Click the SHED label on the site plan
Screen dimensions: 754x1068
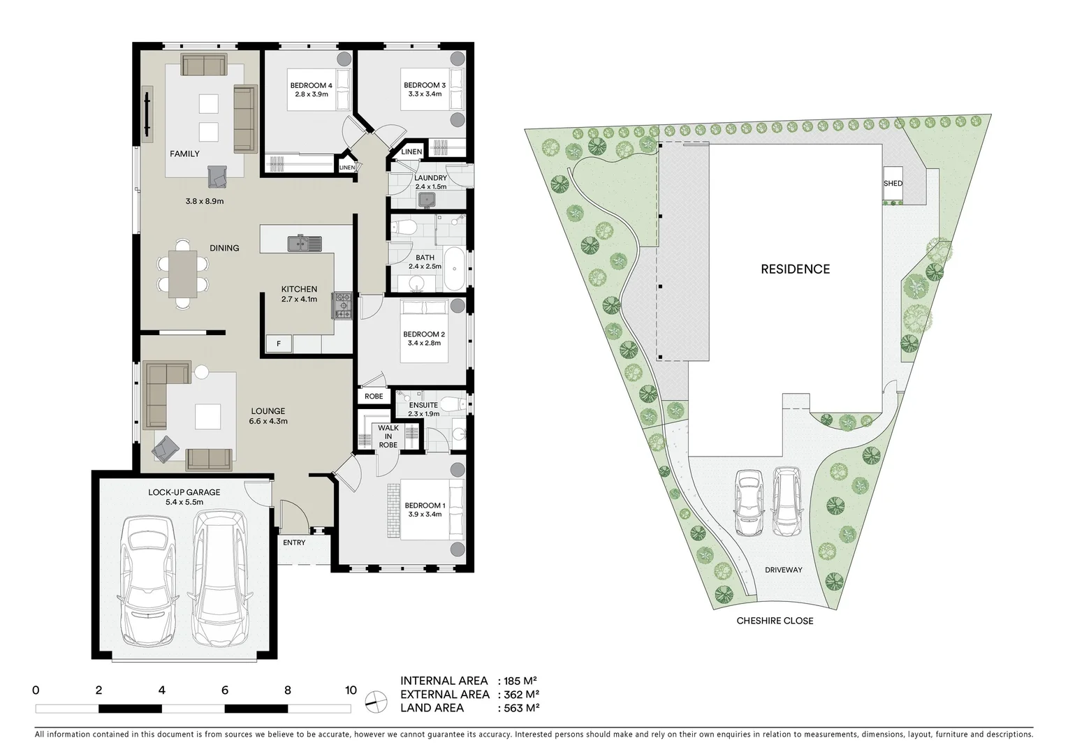(893, 184)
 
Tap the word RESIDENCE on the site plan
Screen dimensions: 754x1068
(795, 269)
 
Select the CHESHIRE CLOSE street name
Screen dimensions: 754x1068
(775, 620)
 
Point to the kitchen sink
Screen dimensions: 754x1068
(305, 244)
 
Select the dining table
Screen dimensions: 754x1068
(183, 274)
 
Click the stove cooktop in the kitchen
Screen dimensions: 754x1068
(342, 305)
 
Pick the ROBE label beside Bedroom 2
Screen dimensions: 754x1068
(374, 396)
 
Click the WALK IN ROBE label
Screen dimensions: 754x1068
(388, 436)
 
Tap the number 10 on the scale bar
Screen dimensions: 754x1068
(351, 690)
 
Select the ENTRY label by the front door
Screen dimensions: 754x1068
(294, 542)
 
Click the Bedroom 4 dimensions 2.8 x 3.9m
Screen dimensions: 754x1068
(311, 94)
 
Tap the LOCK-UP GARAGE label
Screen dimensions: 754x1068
(184, 492)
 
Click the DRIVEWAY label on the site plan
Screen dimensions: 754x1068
(783, 570)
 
